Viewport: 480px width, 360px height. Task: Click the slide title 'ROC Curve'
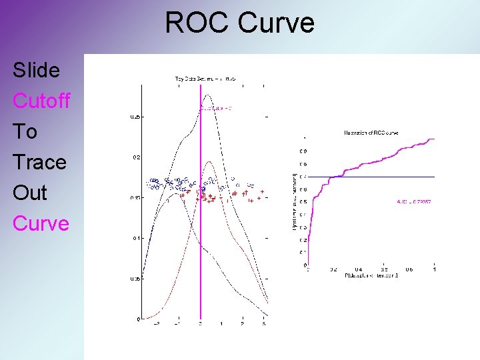pyautogui.click(x=239, y=23)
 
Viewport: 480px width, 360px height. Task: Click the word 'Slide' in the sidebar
pyautogui.click(x=36, y=70)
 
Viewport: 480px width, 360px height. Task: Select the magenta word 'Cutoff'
pyautogui.click(x=41, y=101)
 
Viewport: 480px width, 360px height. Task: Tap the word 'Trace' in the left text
pyautogui.click(x=39, y=162)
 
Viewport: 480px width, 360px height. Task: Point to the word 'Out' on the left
pyautogui.click(x=30, y=193)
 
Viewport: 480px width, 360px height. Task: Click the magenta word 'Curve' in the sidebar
pyautogui.click(x=41, y=223)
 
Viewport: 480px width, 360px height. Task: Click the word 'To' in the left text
pyautogui.click(x=25, y=131)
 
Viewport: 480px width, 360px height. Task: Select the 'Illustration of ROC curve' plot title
pyautogui.click(x=371, y=133)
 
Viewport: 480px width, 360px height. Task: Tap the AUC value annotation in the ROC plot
pyautogui.click(x=413, y=201)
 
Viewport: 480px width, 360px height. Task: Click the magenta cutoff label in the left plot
pyautogui.click(x=215, y=107)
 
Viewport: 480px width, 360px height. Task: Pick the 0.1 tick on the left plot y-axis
pyautogui.click(x=135, y=238)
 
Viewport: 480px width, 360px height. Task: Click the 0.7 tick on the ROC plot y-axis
pyautogui.click(x=303, y=177)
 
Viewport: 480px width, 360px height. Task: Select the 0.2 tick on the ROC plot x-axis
pyautogui.click(x=333, y=269)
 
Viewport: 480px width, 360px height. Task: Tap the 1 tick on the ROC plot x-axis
pyautogui.click(x=435, y=269)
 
